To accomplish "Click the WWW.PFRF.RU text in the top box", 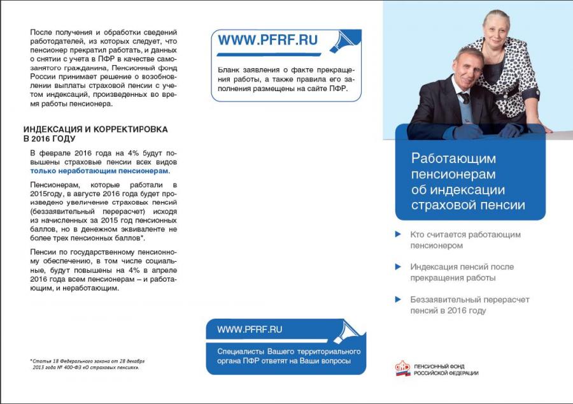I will click(x=267, y=40).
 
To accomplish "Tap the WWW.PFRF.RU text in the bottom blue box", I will click(x=250, y=329).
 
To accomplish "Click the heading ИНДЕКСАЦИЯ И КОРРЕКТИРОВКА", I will click(x=95, y=129).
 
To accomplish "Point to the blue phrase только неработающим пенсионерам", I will click(x=99, y=171).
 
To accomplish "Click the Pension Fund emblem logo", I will click(x=402, y=369).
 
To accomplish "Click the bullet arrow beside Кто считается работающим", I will click(x=398, y=234).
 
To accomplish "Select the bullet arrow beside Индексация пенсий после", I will click(x=398, y=267).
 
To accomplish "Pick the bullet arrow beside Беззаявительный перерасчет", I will click(x=398, y=299).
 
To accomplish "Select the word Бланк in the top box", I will click(x=228, y=69).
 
